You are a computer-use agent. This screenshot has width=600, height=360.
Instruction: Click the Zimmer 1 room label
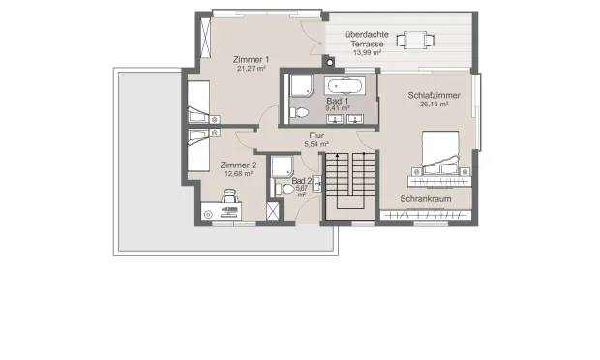[251, 60]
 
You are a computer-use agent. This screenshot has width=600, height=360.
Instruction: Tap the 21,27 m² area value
[251, 69]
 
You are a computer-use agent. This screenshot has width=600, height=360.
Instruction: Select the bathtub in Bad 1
[345, 86]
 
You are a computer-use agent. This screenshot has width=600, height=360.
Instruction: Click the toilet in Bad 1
[299, 113]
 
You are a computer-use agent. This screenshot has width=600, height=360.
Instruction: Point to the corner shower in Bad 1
[302, 85]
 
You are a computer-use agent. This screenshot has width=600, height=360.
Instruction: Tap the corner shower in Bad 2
[283, 166]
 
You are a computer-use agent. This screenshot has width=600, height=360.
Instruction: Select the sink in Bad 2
[316, 184]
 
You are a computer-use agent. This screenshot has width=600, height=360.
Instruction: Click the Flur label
[316, 135]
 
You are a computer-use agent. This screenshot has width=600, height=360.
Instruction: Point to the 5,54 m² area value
[316, 144]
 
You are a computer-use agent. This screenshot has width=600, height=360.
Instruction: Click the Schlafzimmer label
[434, 95]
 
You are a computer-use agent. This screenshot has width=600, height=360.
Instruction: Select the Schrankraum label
[426, 199]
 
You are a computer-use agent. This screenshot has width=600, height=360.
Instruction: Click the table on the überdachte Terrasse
[415, 40]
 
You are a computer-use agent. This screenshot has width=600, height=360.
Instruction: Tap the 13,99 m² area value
[367, 53]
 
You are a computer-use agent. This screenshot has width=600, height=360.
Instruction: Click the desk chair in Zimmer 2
[229, 196]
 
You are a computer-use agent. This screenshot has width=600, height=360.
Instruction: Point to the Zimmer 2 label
[238, 165]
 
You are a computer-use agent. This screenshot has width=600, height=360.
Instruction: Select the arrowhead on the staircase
[337, 156]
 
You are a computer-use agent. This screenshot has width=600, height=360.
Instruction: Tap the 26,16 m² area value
[434, 105]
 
